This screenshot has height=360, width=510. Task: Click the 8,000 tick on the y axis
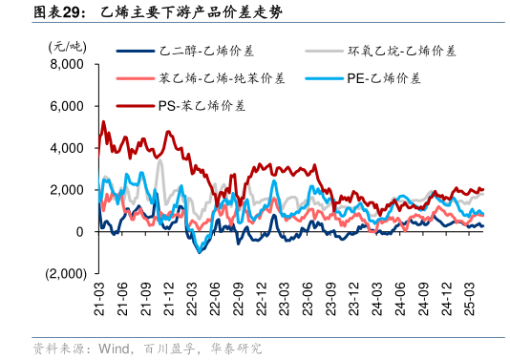(66, 65)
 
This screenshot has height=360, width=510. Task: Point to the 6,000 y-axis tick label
(66, 106)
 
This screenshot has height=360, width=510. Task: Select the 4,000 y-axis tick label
(66, 148)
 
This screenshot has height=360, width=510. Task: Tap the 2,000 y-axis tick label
(66, 190)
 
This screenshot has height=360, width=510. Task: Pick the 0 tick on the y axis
(80, 232)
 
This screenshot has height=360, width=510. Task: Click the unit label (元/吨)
(67, 45)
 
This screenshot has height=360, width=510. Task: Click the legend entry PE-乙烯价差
(383, 78)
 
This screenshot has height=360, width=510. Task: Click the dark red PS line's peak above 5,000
(103, 122)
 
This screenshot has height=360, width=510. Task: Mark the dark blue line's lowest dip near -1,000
(199, 252)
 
